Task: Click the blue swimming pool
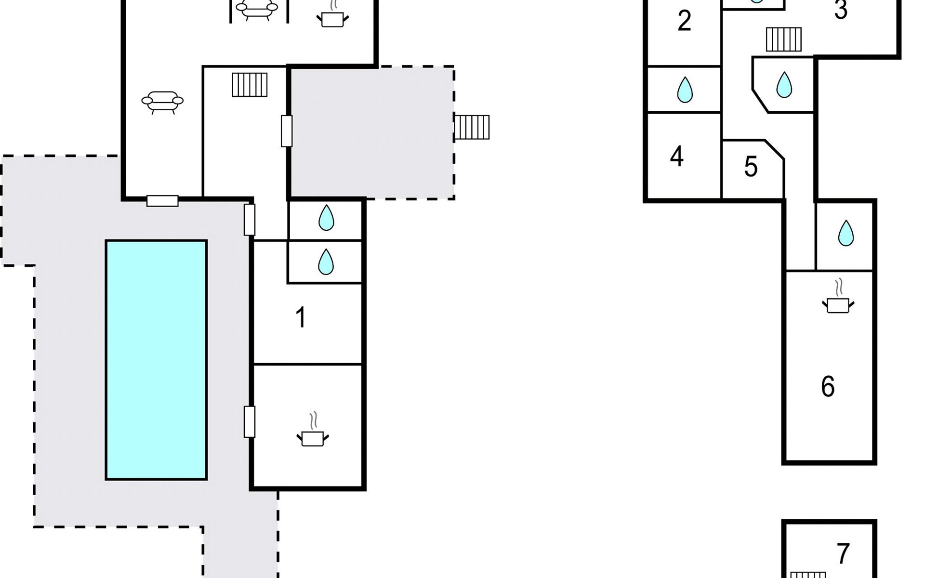(x=156, y=360)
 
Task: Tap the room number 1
(x=301, y=317)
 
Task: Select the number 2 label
(x=684, y=21)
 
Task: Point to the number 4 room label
(x=676, y=156)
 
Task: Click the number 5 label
(x=751, y=167)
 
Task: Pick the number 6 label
(x=828, y=386)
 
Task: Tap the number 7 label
(x=843, y=553)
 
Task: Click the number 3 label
(x=841, y=10)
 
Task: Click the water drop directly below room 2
(x=685, y=90)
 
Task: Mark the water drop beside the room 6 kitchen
(x=846, y=233)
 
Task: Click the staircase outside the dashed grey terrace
(x=472, y=127)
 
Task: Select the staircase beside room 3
(x=784, y=39)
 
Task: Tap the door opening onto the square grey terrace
(x=287, y=131)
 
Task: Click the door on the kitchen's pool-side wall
(x=249, y=422)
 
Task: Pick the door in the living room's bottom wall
(x=162, y=201)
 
